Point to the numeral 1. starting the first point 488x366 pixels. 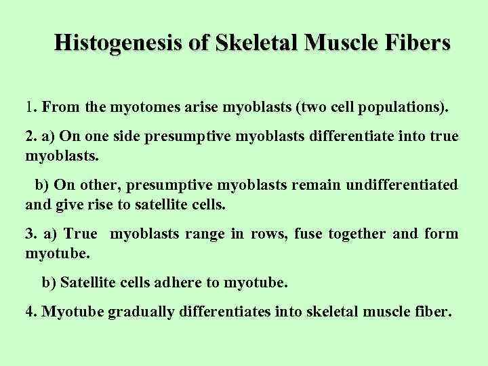[x=30, y=107]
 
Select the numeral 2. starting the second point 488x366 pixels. [x=30, y=136]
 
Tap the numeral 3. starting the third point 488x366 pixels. [x=30, y=234]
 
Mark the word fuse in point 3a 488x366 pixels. [x=308, y=234]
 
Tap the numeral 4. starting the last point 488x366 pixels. [x=30, y=312]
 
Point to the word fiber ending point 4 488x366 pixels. [x=434, y=312]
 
